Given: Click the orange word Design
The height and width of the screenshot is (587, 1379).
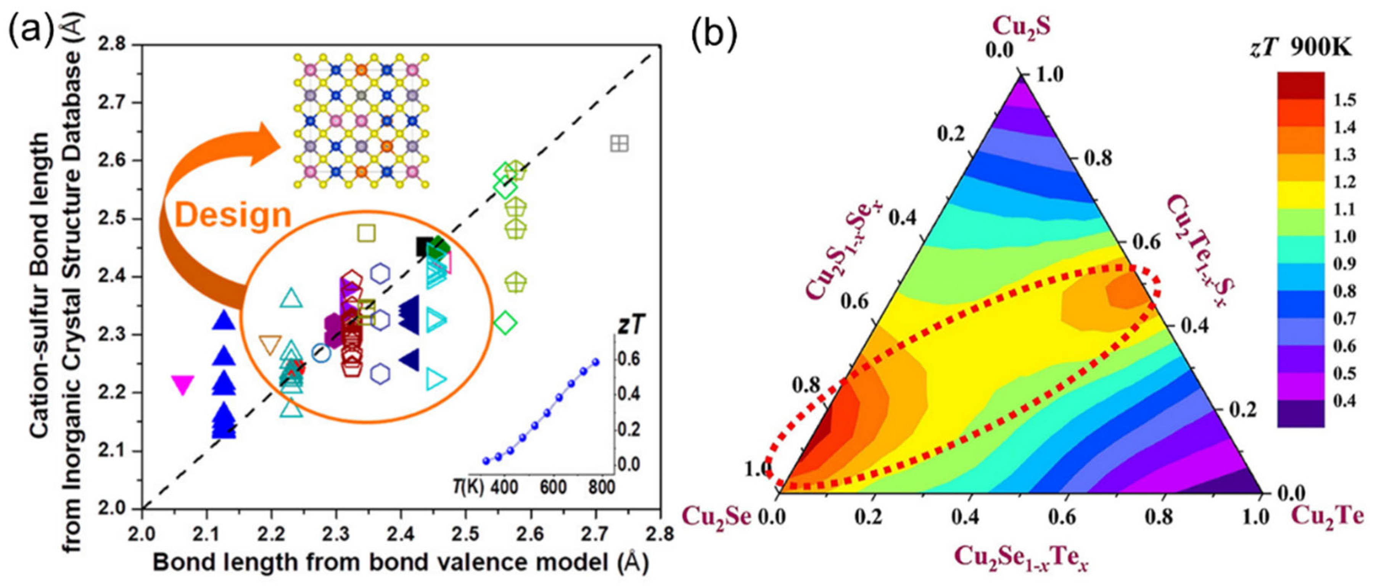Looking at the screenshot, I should [233, 215].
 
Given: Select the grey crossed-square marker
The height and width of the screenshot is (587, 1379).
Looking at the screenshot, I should [620, 143].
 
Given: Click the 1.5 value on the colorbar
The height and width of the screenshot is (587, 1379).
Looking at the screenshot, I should [1345, 100].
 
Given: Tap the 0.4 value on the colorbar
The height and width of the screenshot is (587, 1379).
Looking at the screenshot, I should [1345, 400].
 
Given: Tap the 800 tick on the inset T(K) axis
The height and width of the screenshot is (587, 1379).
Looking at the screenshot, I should [601, 487].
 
